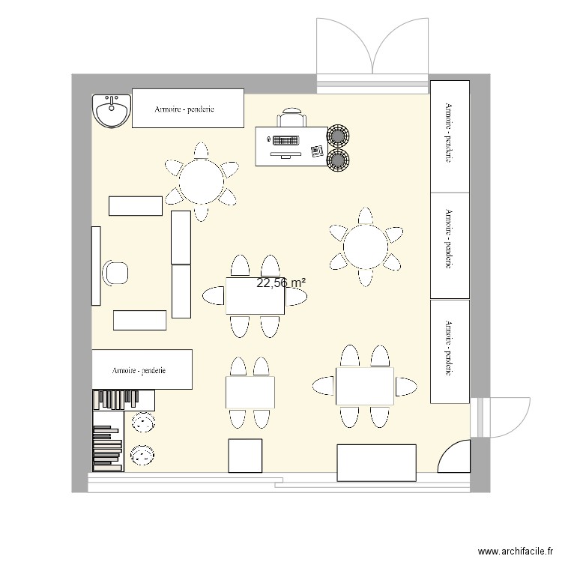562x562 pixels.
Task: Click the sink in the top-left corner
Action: point(112,112)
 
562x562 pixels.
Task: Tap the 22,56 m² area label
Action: point(281,282)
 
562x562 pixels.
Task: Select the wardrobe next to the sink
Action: point(187,109)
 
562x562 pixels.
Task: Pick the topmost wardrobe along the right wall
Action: point(450,135)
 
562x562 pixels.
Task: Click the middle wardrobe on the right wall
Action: point(450,246)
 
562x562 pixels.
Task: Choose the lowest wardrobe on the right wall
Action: point(450,351)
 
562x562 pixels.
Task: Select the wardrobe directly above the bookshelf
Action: point(142,369)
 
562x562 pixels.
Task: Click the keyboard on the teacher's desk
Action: point(285,140)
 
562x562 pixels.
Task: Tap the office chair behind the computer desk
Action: point(291,118)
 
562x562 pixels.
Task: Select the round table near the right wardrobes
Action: point(365,246)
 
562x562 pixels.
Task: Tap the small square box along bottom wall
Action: point(245,456)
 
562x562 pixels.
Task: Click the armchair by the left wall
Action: point(116,273)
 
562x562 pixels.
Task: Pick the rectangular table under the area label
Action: point(255,296)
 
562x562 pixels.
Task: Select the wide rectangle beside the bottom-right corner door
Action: point(376,462)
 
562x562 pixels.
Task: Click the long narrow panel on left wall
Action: point(96,266)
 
